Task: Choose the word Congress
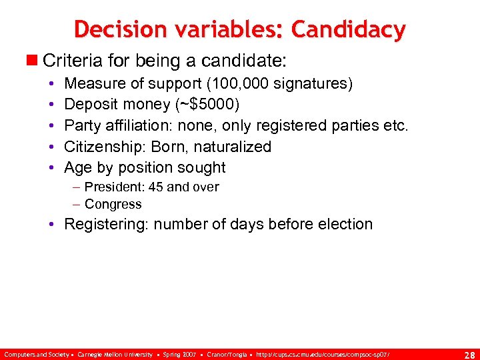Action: point(113,204)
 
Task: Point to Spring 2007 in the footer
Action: point(179,353)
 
